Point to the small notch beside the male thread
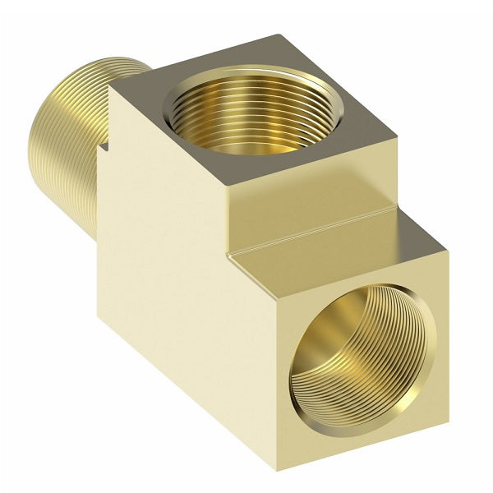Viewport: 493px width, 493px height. [x=105, y=149]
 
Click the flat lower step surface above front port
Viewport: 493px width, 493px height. [x=345, y=251]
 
